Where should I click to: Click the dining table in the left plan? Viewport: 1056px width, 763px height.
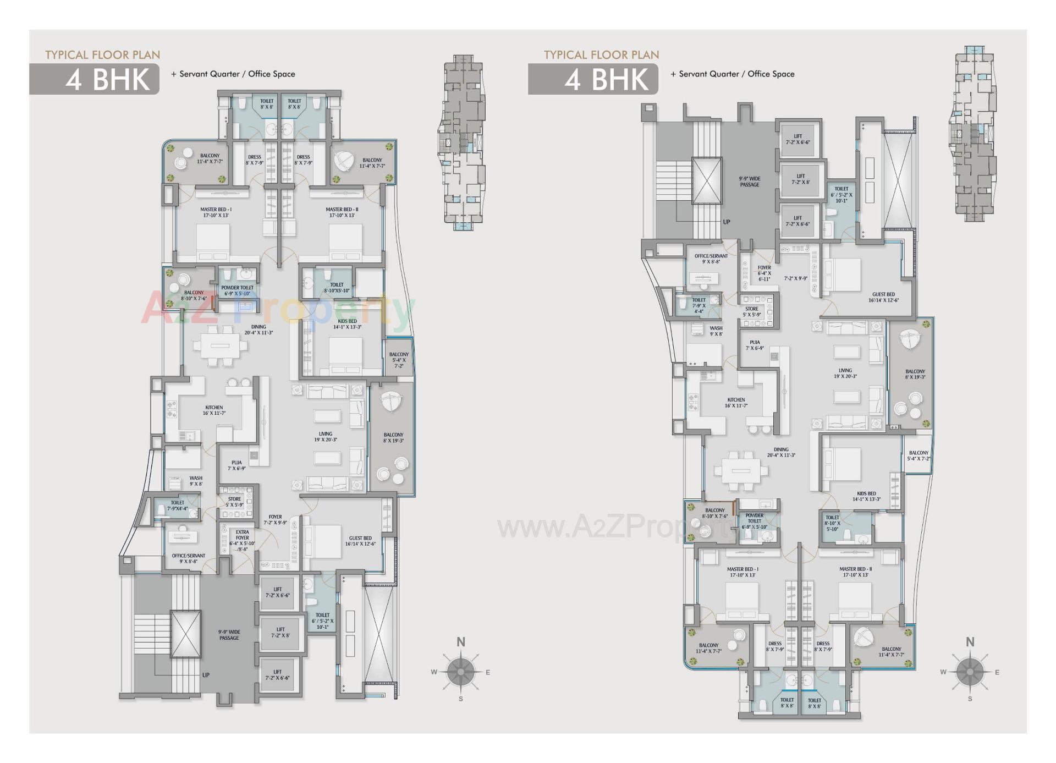219,346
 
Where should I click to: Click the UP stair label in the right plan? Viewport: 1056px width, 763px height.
727,222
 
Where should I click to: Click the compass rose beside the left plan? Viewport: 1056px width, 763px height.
460,672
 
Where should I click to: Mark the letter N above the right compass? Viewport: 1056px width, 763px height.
970,642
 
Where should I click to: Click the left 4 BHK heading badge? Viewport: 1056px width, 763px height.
95,79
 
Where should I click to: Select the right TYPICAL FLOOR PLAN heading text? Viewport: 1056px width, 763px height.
601,55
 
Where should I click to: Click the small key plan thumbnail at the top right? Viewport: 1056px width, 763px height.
973,134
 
